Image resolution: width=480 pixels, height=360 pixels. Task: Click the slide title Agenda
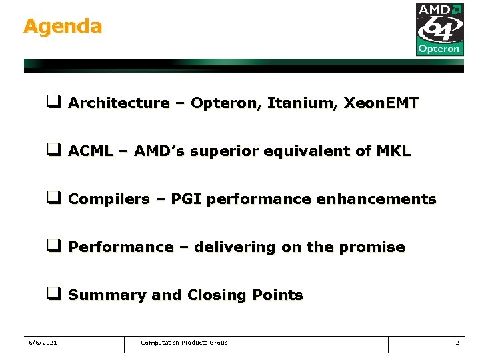coord(63,27)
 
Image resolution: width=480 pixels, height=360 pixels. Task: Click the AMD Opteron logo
coord(439,29)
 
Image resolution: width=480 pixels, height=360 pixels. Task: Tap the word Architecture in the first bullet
coord(119,103)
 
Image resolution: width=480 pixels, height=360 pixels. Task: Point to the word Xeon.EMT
coord(381,103)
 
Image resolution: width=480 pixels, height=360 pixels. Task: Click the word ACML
coord(91,151)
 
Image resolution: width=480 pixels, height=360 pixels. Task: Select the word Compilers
coord(109,199)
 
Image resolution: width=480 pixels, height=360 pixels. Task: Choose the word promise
coord(372,247)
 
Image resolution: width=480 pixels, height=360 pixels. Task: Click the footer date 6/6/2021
coord(43,343)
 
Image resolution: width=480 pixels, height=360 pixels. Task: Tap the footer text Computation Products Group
coord(184,343)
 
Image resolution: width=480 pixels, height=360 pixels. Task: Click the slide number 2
coord(457,343)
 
